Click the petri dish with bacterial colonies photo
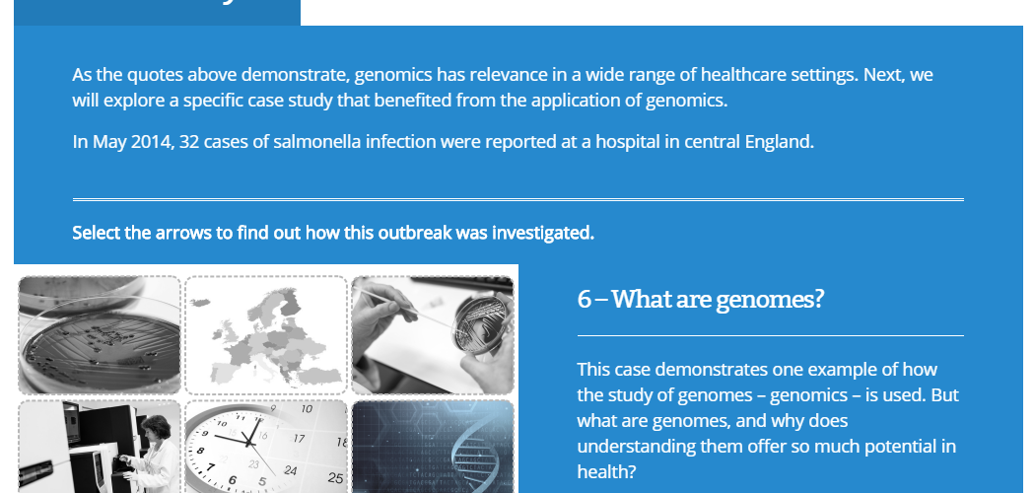coord(99,334)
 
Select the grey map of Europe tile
coord(266,334)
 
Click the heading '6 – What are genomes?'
coord(701,299)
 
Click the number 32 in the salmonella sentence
coord(189,142)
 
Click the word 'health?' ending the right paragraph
coord(606,472)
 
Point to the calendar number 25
coord(335,478)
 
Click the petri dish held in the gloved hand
coord(481,323)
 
